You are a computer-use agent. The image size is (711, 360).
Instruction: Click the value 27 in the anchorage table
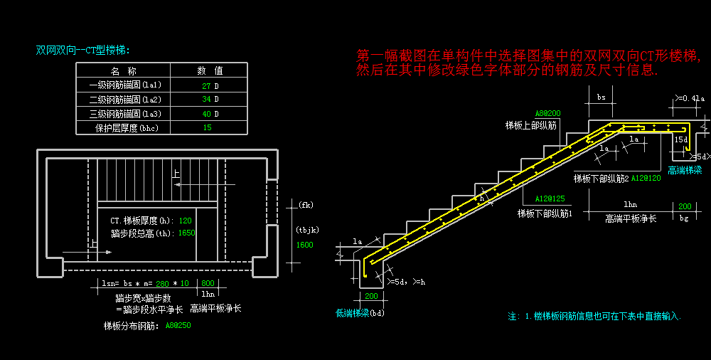tap(206, 85)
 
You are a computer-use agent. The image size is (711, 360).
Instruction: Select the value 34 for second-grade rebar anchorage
tap(206, 100)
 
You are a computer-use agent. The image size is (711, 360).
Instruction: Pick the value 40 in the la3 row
tap(206, 114)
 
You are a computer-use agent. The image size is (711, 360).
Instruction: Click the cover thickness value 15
tap(207, 128)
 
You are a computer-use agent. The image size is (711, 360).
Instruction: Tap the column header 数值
tap(210, 70)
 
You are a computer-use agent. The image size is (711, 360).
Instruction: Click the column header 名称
tap(123, 70)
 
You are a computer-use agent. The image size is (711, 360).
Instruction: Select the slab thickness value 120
tap(186, 221)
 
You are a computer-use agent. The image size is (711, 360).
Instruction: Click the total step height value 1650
tap(186, 233)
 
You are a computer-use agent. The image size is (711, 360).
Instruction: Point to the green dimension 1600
tap(304, 245)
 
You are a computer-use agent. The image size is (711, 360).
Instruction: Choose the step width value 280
tap(163, 283)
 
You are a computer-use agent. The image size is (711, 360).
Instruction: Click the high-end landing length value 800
tap(208, 283)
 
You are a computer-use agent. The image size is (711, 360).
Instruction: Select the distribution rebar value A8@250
tap(178, 326)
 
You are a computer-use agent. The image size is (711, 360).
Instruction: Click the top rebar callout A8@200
tap(547, 113)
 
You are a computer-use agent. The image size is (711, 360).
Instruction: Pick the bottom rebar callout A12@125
tap(550, 199)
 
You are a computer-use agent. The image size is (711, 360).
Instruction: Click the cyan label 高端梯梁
tap(685, 171)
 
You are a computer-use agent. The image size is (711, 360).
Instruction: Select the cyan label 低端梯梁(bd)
tap(360, 312)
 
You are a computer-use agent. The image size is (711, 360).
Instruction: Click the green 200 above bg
tap(685, 206)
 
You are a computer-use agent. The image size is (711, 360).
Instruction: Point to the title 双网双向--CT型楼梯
tap(83, 50)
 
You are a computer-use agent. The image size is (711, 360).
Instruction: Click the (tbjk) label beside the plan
tap(307, 230)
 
